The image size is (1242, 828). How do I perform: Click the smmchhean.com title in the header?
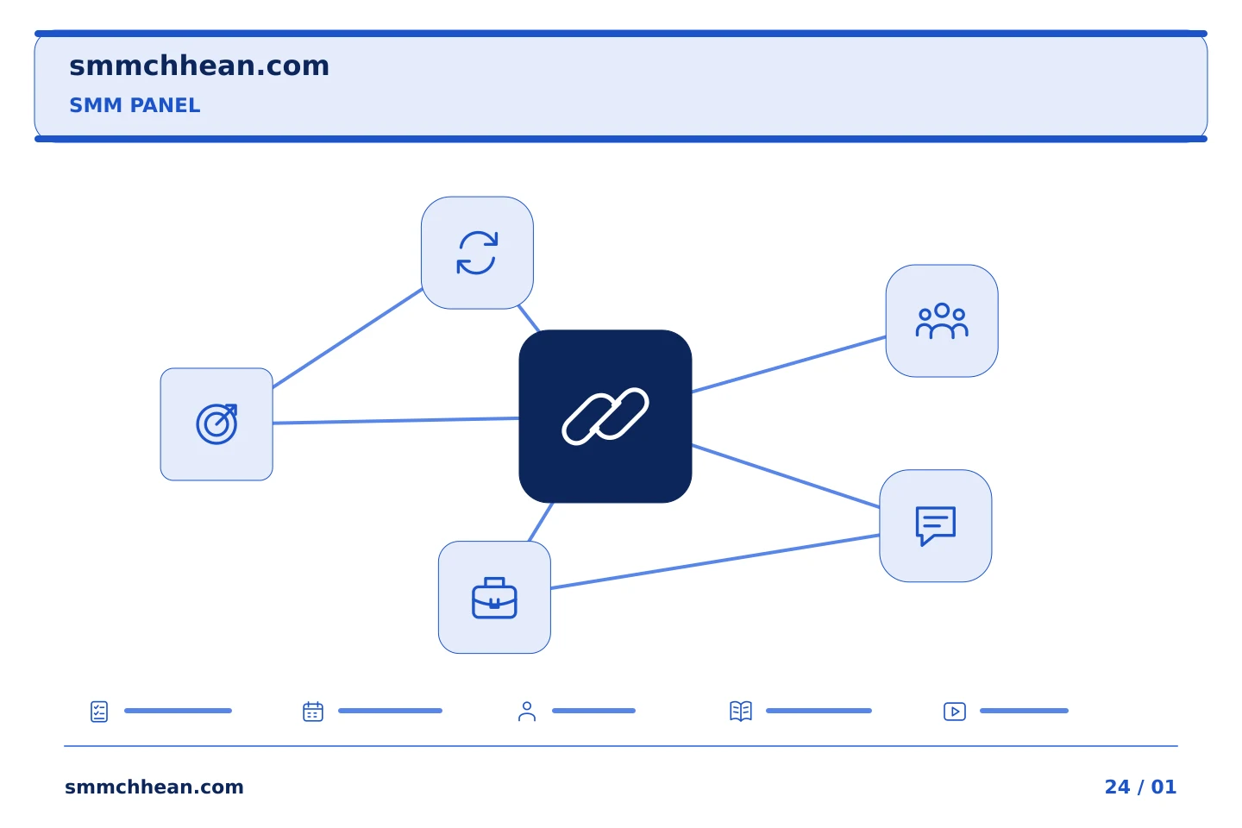tap(199, 66)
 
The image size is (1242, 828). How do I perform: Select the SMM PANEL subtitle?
tap(135, 105)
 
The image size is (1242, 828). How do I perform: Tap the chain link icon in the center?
tap(605, 417)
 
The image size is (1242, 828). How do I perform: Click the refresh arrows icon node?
tap(477, 253)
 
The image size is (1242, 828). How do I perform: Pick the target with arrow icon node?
tap(216, 424)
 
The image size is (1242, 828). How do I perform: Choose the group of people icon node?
tap(942, 321)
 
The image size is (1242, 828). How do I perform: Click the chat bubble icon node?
tap(935, 526)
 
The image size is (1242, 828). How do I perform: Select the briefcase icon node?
tap(494, 598)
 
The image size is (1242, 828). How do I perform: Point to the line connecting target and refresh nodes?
tap(347, 338)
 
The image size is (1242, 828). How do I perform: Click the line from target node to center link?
tap(396, 420)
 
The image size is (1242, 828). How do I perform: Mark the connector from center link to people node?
tap(788, 364)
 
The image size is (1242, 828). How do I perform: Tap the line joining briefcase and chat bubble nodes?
tap(715, 561)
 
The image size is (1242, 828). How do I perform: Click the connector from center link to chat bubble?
tap(786, 476)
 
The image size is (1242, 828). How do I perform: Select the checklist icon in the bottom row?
tap(99, 712)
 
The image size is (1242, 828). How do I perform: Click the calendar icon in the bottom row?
tap(313, 712)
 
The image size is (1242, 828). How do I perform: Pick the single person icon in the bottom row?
tap(527, 712)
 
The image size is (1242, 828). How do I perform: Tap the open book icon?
tap(741, 711)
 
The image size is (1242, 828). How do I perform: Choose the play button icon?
tap(954, 712)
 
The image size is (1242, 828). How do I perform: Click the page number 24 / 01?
tap(1140, 787)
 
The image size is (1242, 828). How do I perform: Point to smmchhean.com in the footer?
tap(154, 787)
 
